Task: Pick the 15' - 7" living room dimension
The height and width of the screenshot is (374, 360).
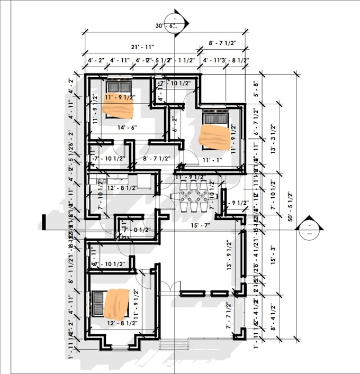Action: [200, 226]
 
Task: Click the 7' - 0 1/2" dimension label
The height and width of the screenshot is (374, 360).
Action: [137, 230]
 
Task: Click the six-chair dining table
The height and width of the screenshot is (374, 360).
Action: [193, 195]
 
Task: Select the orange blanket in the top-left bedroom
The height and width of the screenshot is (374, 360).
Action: [118, 108]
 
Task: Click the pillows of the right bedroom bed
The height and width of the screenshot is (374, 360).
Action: [215, 117]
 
